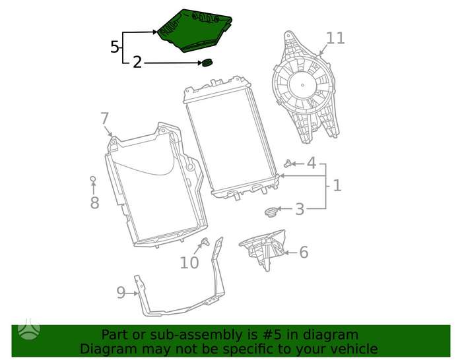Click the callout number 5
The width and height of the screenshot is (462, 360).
coord(115,47)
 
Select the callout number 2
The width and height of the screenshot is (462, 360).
coord(137,63)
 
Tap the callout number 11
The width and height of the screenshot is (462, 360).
coord(335,38)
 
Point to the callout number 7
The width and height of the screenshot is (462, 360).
coord(104,118)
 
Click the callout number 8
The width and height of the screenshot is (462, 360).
coord(94,203)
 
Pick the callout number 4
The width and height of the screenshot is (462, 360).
coord(312,163)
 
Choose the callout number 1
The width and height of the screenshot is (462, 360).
coord(337,185)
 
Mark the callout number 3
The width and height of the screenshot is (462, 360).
coord(300,209)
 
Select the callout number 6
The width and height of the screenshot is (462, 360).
coord(304,253)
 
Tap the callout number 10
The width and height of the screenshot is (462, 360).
coord(189,262)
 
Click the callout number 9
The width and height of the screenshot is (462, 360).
coord(121,292)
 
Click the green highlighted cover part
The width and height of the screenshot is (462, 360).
coord(195,30)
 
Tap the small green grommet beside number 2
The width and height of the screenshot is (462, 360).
coord(207,63)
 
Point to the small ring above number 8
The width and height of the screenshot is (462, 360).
coord(93,179)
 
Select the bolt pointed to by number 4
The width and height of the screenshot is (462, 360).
coord(288,163)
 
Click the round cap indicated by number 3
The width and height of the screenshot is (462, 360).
coord(270,212)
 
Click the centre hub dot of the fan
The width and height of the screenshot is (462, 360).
coord(303,85)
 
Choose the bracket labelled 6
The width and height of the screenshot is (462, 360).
coord(263,249)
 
